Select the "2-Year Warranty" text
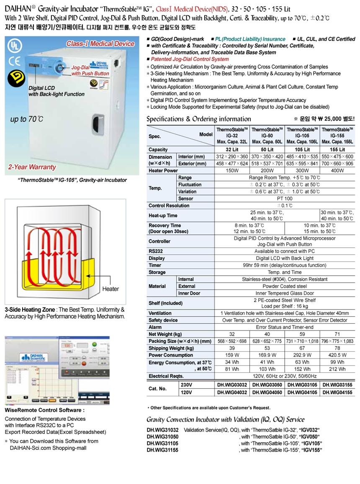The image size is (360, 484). (x=32, y=167)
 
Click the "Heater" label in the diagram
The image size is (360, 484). (x=111, y=289)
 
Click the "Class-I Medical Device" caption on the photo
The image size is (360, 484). (x=100, y=44)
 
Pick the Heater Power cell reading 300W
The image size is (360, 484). (x=302, y=171)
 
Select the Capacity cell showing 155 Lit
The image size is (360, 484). (x=337, y=149)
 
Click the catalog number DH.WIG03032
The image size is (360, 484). (x=232, y=385)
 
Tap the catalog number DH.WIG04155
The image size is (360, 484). (x=337, y=392)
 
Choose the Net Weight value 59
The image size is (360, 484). (x=302, y=334)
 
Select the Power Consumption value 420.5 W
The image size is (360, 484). (x=337, y=355)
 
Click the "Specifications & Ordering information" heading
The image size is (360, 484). (x=199, y=119)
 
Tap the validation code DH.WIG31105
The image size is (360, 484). (x=163, y=443)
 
